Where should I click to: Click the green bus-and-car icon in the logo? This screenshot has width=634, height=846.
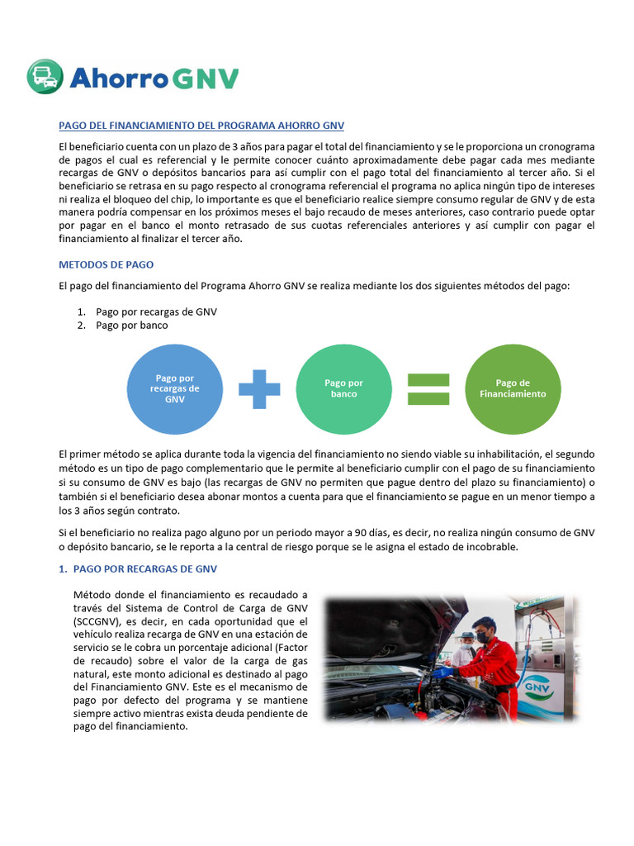[45, 77]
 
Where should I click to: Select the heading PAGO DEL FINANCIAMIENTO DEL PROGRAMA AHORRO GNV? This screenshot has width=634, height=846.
[201, 126]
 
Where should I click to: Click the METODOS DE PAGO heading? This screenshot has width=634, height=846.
[106, 264]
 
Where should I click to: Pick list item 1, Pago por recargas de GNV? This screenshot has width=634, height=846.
[156, 311]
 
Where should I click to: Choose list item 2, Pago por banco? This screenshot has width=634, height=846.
[132, 325]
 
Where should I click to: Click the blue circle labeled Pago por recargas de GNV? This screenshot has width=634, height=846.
[174, 388]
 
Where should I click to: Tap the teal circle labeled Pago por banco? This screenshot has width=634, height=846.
[343, 388]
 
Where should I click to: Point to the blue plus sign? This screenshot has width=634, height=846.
[259, 388]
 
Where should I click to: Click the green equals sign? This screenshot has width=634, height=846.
[428, 388]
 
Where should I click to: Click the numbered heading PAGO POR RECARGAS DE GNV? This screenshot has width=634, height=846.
[145, 569]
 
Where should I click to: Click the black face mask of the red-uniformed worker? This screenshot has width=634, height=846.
[481, 639]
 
